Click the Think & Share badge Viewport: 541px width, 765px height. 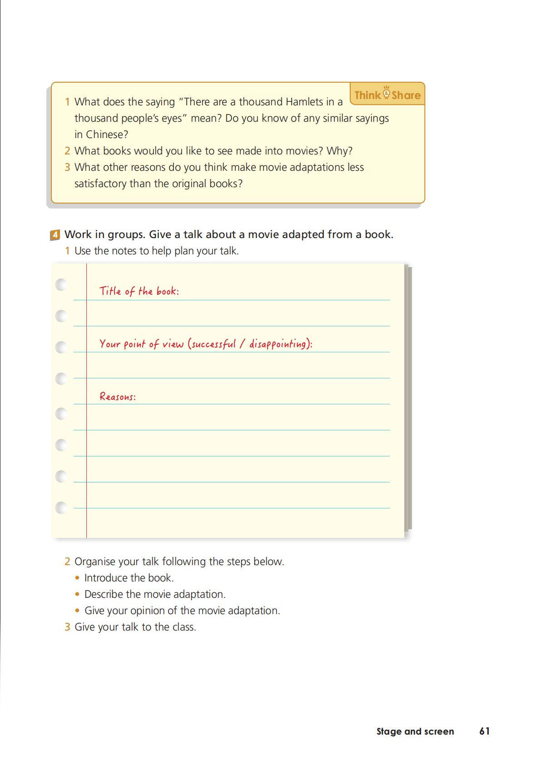387,94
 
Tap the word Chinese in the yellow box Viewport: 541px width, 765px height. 107,134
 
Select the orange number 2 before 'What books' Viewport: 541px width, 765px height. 67,151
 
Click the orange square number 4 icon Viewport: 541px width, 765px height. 55,235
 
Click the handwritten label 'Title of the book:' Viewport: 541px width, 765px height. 139,291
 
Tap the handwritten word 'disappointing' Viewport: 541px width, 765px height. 278,344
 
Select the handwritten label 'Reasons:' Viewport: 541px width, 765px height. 118,397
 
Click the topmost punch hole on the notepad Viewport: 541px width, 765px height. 61,285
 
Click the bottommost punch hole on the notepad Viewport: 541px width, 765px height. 61,507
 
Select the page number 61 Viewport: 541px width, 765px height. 484,731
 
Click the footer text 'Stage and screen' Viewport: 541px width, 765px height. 415,731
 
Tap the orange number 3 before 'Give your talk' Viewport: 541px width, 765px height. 67,627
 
